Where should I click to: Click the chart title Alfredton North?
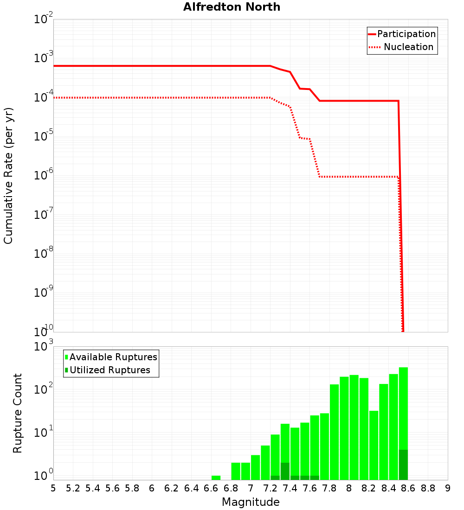(x=232, y=7)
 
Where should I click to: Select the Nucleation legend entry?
(x=408, y=47)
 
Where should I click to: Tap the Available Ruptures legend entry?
(x=113, y=357)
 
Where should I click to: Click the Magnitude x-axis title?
(x=251, y=502)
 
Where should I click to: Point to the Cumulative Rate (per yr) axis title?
(x=8, y=175)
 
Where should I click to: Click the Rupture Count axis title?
(x=18, y=413)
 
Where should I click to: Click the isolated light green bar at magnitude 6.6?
(x=216, y=478)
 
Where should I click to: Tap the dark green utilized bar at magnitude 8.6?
(x=403, y=465)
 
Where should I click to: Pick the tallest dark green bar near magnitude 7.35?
(x=285, y=471)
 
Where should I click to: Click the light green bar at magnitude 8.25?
(x=374, y=445)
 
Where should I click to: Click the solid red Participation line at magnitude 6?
(x=152, y=66)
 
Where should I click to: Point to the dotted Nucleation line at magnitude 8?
(x=349, y=177)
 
